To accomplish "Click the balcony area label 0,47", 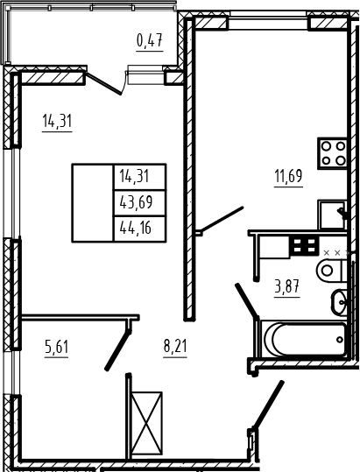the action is click(150, 40).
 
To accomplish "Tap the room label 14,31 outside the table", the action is click(57, 121).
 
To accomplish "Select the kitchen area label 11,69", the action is click(288, 176).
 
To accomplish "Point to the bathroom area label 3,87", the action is click(286, 286).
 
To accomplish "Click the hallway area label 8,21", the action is click(175, 347).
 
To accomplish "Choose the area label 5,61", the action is click(57, 347).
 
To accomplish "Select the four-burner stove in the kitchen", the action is click(333, 153).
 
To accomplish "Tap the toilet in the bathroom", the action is click(332, 271).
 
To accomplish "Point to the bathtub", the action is click(305, 339).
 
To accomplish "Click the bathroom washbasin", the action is click(339, 302).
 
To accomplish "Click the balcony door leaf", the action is click(103, 84).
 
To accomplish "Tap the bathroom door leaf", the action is click(247, 299).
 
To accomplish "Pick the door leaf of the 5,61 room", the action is click(117, 350).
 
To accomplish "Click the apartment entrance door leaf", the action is click(268, 405).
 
